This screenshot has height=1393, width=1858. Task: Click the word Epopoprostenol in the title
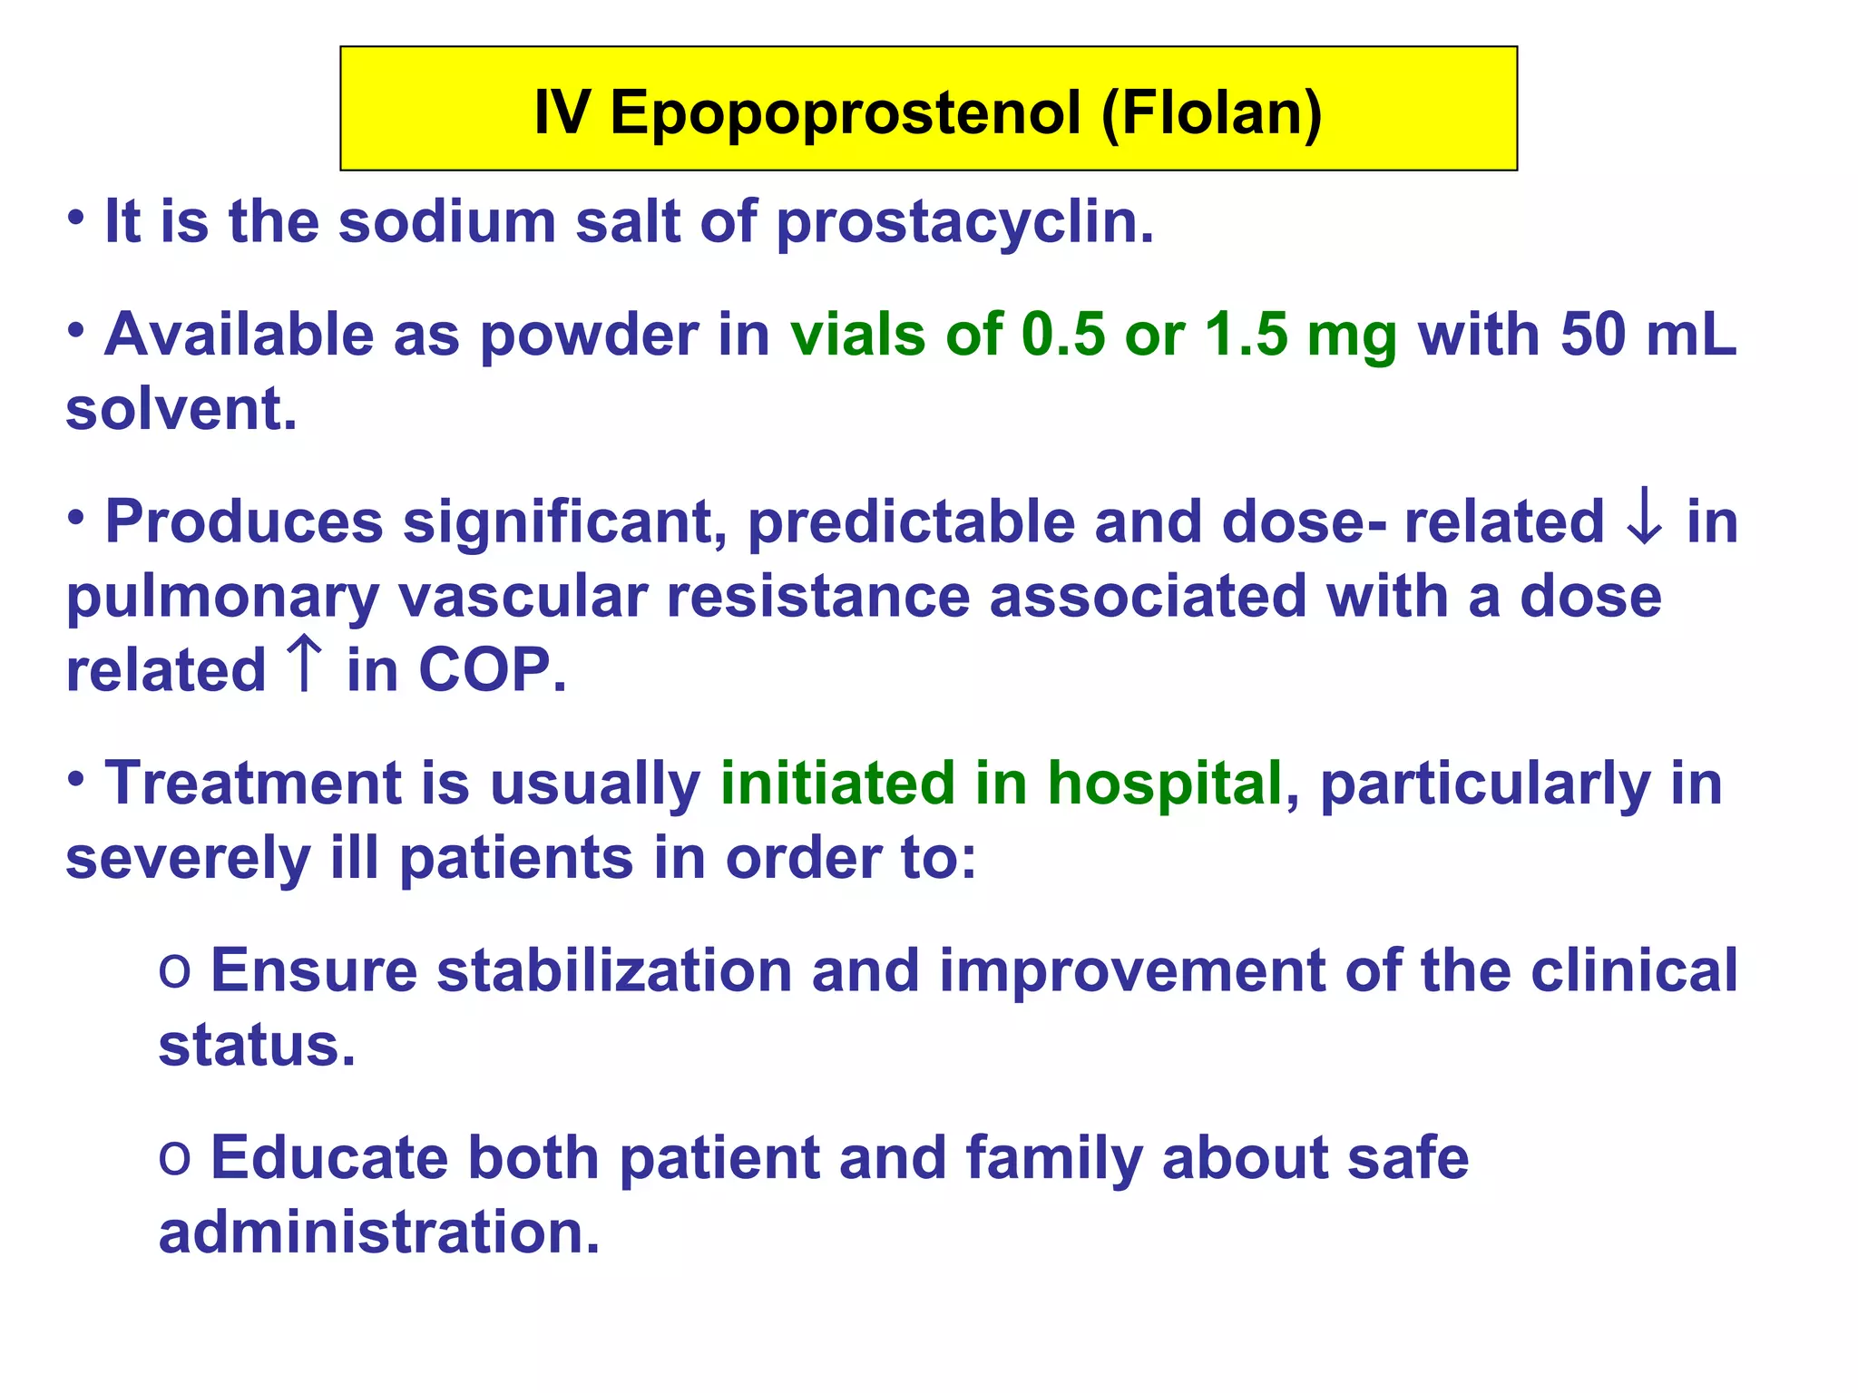coord(846,113)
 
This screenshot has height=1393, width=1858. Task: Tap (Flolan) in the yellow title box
coord(1211,113)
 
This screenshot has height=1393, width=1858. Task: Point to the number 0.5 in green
coord(1063,335)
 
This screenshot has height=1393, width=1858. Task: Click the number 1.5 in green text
coord(1247,335)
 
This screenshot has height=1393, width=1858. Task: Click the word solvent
coord(181,409)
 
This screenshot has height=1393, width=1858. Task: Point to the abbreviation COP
coord(491,670)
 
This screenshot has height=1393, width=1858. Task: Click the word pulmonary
coord(222,598)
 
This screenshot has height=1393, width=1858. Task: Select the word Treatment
coord(252,783)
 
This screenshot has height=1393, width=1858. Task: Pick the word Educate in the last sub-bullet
coord(328,1158)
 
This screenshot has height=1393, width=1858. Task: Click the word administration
coord(378,1232)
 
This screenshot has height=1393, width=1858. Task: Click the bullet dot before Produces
coord(76,518)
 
